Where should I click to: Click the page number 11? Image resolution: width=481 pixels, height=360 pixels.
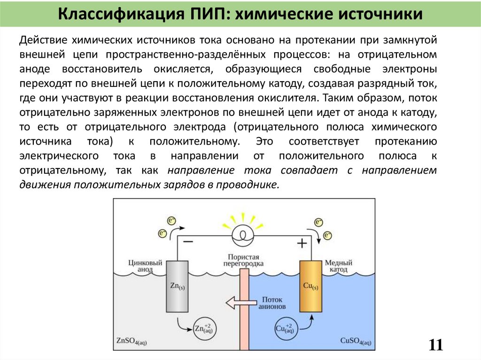pos(435,345)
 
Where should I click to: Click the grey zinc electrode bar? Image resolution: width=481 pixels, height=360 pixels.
pos(177,286)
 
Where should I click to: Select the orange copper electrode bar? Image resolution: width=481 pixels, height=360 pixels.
pos(310,286)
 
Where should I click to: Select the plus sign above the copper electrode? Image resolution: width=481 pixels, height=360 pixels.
pos(302,243)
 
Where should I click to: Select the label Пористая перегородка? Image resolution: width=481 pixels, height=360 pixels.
pos(244,260)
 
